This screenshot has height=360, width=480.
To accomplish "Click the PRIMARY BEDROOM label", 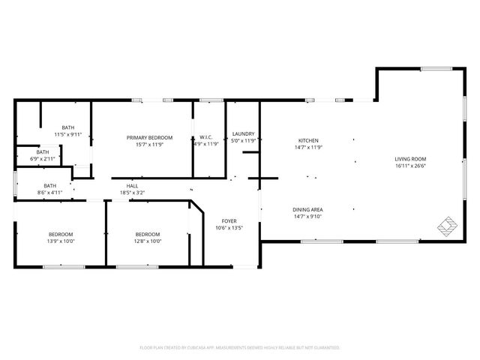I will coord(149,137).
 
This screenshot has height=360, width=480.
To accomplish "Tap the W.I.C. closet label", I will coord(205,137).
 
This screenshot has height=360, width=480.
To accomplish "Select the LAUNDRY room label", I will coord(244,133).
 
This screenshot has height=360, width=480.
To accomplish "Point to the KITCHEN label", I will coord(309,141).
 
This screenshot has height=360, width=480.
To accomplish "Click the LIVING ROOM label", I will coord(410,159).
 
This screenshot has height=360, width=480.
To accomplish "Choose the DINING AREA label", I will coord(308,209).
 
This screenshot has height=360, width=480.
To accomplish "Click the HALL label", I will coord(132,186).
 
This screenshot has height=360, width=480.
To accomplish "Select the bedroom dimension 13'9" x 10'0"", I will coord(61,241).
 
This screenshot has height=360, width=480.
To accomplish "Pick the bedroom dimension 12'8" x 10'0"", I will coord(147,241).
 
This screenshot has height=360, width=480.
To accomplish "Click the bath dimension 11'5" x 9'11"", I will coord(68,134).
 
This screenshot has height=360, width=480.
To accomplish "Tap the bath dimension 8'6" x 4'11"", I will coord(50,193).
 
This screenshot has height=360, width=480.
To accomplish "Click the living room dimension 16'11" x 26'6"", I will coord(410,166).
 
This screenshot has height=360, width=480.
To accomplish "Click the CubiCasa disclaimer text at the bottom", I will coord(240,347).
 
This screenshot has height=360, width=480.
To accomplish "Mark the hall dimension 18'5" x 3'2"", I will coord(132,193).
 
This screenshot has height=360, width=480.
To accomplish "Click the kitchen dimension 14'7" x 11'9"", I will coord(309,148).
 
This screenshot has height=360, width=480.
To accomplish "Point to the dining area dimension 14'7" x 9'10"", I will coord(308,216).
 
